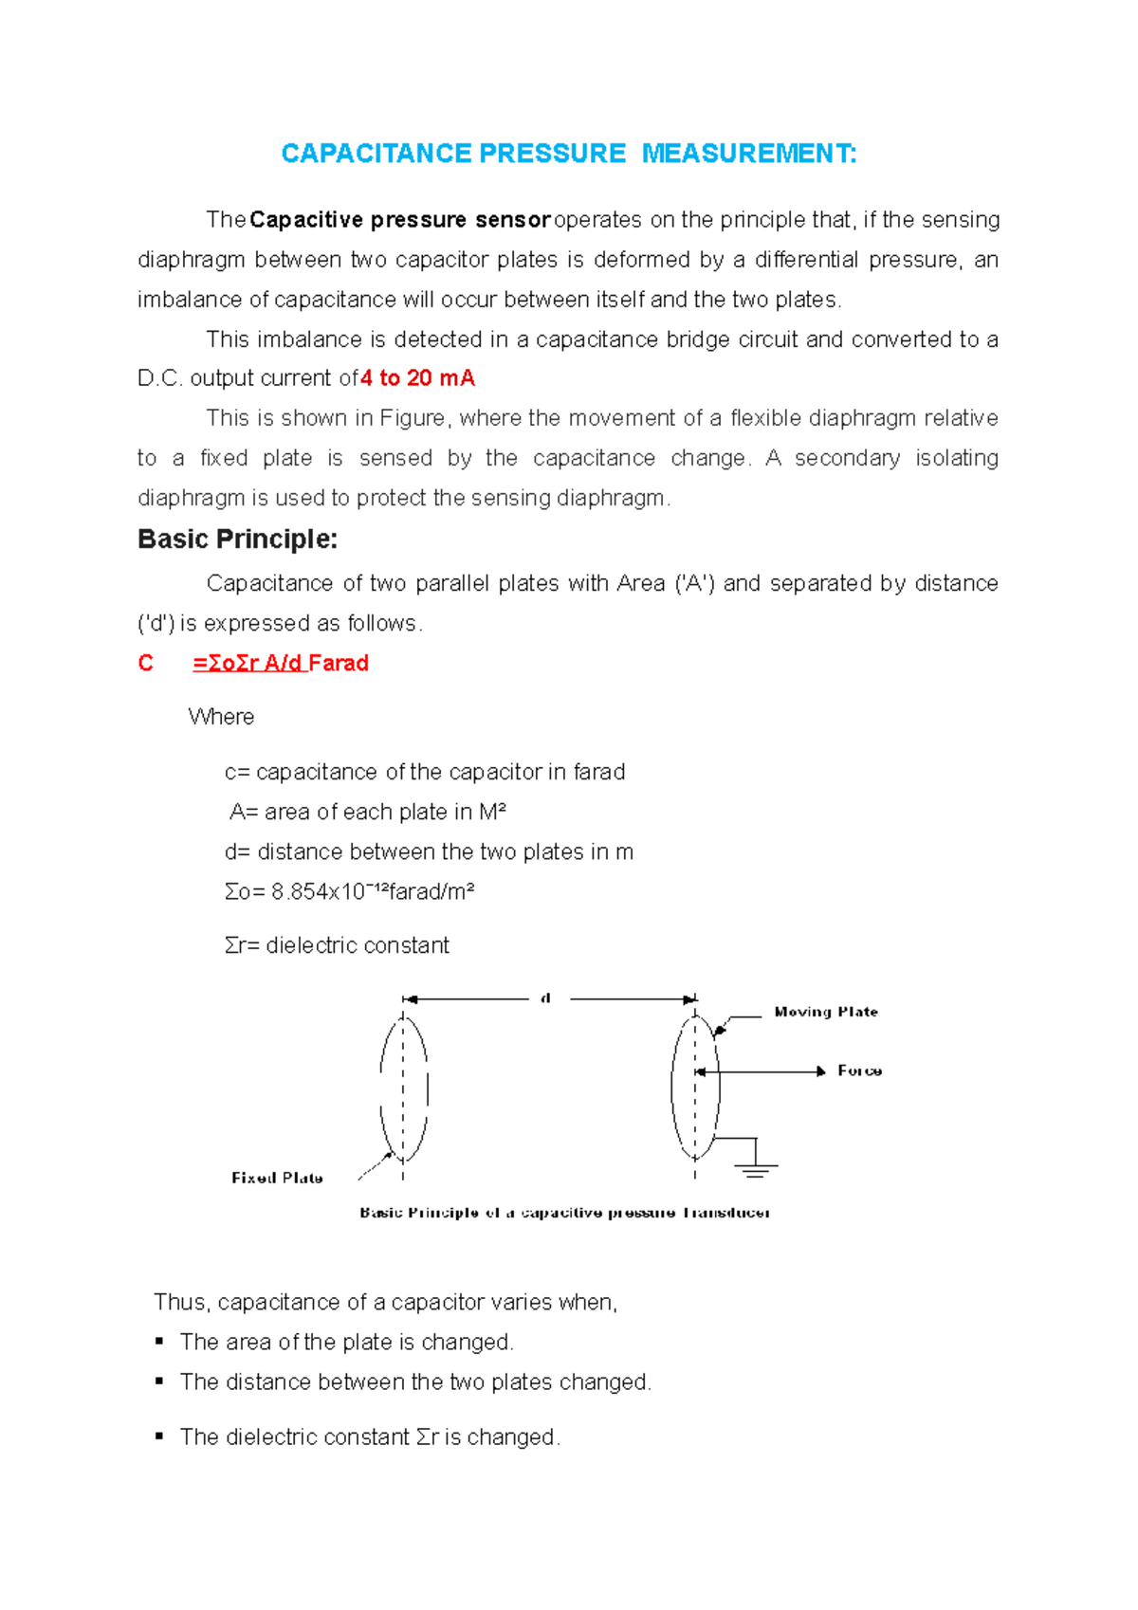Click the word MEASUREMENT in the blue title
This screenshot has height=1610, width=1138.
coord(749,154)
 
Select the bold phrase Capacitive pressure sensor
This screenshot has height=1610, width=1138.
coord(400,220)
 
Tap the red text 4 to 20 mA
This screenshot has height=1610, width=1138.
coord(418,378)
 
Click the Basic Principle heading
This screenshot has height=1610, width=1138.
coord(237,540)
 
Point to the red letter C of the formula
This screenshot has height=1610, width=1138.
coord(145,664)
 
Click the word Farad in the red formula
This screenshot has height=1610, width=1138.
coord(339,664)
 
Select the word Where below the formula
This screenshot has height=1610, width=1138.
coord(221,717)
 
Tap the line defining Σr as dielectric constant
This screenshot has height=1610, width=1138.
coord(337,945)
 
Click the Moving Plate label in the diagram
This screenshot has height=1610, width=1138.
coord(826,1012)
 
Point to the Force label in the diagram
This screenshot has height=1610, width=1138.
coord(859,1070)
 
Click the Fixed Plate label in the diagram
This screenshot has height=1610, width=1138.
coord(277,1178)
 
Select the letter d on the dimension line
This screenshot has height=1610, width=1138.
coord(546,998)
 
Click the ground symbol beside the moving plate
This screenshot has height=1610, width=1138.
coord(756,1168)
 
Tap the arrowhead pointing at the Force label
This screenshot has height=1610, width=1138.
coord(821,1071)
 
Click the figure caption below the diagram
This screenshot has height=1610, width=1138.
coord(564,1213)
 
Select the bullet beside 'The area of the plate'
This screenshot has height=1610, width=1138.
coord(159,1342)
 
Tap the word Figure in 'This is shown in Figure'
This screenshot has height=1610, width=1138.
coord(412,418)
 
